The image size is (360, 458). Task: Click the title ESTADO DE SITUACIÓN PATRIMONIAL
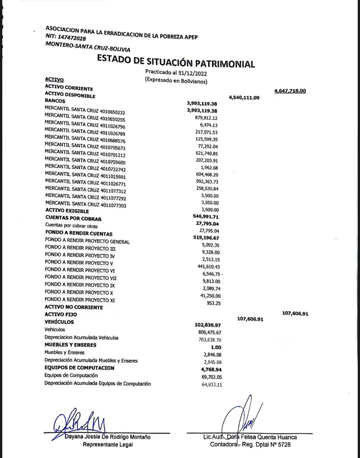[x=176, y=61]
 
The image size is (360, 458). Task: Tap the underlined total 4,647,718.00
[x=290, y=91]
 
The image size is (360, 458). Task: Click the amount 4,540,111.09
[x=244, y=98]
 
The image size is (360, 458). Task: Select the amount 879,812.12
[x=206, y=118]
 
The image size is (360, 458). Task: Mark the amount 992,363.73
[x=207, y=182]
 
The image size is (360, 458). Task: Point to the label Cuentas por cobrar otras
[x=71, y=226]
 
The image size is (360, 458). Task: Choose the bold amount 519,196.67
[x=207, y=238]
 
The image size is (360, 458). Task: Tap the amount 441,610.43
[x=209, y=267]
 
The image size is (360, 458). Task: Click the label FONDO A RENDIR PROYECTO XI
[x=80, y=300]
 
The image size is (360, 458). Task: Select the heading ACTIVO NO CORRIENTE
[x=74, y=307]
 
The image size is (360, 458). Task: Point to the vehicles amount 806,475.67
[x=210, y=333]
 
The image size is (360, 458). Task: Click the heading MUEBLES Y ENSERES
[x=70, y=345]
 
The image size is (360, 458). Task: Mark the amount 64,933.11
[x=212, y=385]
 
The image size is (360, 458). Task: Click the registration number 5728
[x=284, y=445]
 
